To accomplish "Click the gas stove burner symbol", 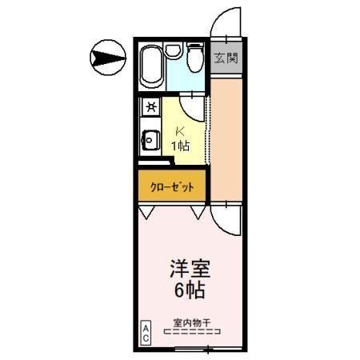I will pyautogui.click(x=150, y=106).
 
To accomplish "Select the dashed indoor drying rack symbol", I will pyautogui.click(x=191, y=332).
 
